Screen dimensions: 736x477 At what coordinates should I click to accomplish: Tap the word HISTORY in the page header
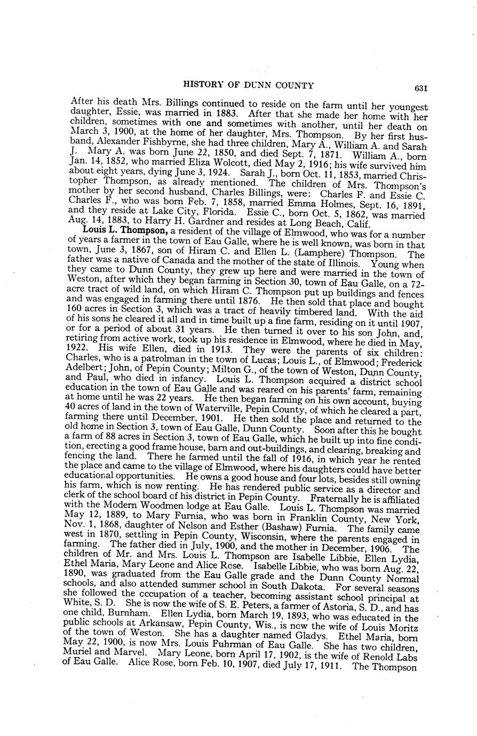coord(201,85)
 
